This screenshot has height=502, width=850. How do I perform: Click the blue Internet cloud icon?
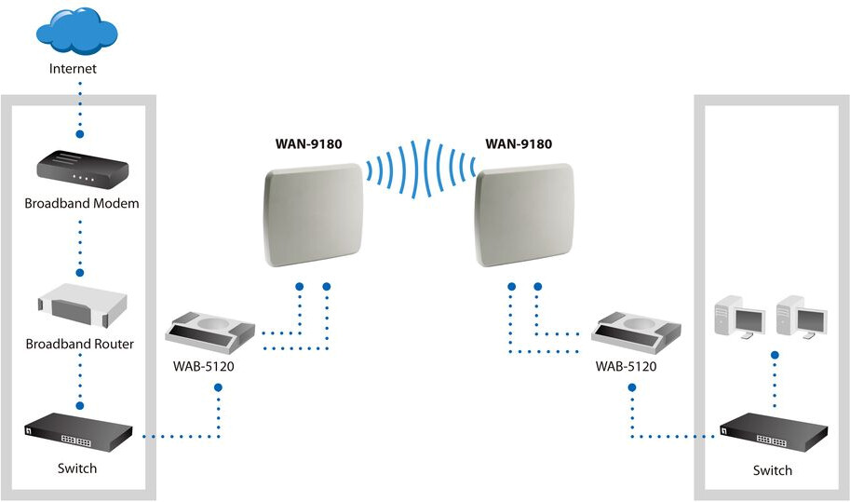pyautogui.click(x=76, y=30)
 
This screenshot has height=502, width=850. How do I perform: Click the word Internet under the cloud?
pyautogui.click(x=74, y=68)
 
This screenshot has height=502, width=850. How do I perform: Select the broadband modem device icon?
pyautogui.click(x=81, y=169)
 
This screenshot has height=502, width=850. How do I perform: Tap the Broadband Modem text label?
pyautogui.click(x=82, y=203)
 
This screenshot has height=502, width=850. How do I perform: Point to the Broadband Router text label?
pyautogui.click(x=80, y=344)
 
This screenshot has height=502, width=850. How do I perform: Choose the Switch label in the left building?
pyautogui.click(x=76, y=468)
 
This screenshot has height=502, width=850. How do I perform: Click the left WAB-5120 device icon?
pyautogui.click(x=209, y=333)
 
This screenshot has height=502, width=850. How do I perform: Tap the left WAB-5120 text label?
pyautogui.click(x=204, y=367)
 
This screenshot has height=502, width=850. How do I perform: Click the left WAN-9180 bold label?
pyautogui.click(x=308, y=143)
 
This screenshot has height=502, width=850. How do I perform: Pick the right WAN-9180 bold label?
pyautogui.click(x=519, y=143)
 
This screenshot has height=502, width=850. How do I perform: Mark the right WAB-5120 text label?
pyautogui.click(x=627, y=367)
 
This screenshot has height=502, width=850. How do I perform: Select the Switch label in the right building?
pyautogui.click(x=773, y=470)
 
